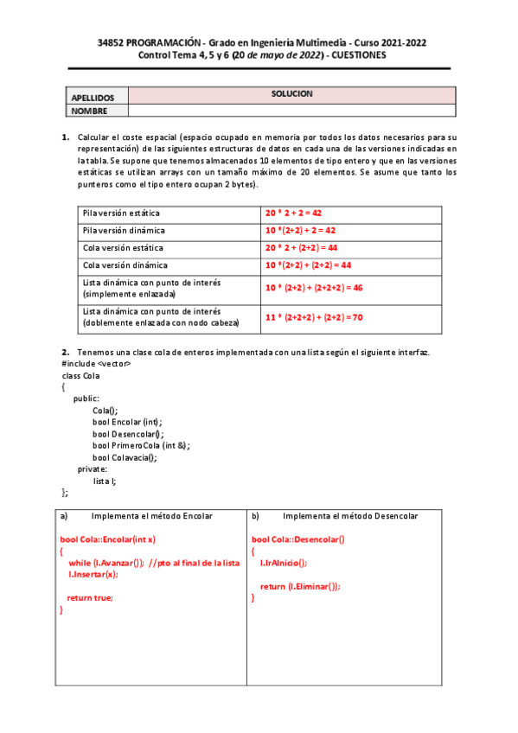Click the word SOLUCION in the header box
point(291,93)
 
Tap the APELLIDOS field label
point(93,98)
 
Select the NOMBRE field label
point(89,111)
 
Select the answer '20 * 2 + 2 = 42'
point(294,214)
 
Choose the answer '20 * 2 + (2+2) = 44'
point(302,248)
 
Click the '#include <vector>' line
point(96,364)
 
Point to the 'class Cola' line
point(81,376)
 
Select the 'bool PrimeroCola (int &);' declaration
point(141,445)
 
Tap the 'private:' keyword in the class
point(93,468)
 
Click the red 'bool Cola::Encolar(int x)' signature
point(107,539)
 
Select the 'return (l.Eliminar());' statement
point(300,586)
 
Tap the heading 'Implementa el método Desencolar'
point(350,516)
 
